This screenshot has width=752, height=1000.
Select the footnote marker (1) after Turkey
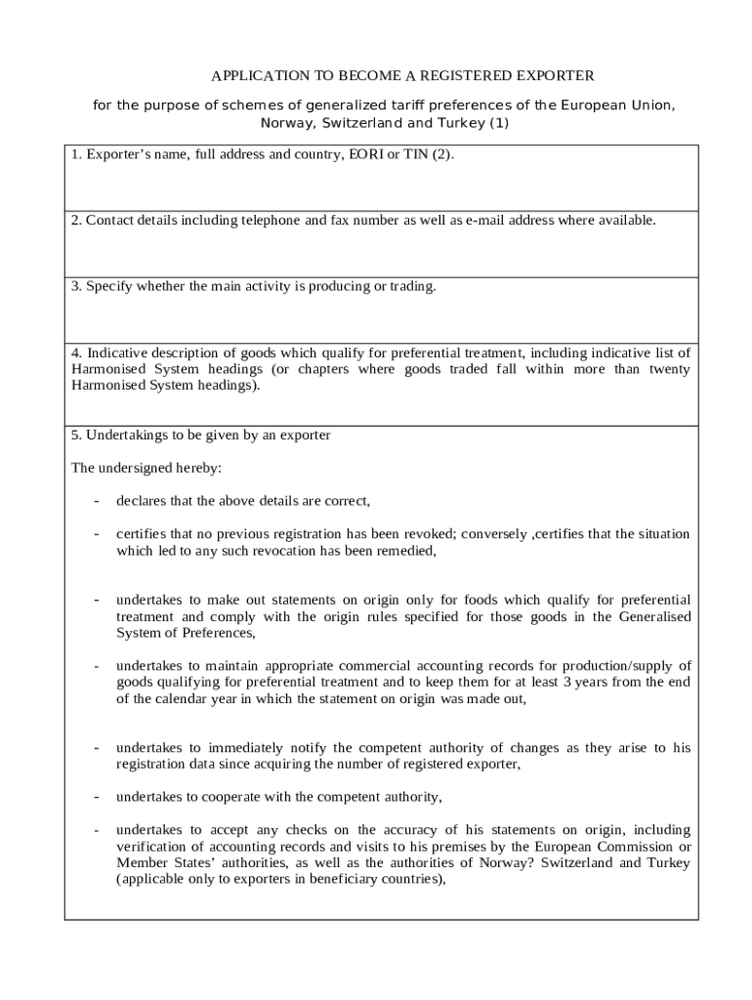pyautogui.click(x=498, y=123)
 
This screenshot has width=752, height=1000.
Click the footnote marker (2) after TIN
pyautogui.click(x=442, y=154)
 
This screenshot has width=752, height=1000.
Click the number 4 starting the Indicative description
pyautogui.click(x=75, y=353)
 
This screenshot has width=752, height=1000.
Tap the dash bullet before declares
pyautogui.click(x=96, y=502)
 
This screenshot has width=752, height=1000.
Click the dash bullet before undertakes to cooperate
pyautogui.click(x=96, y=798)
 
